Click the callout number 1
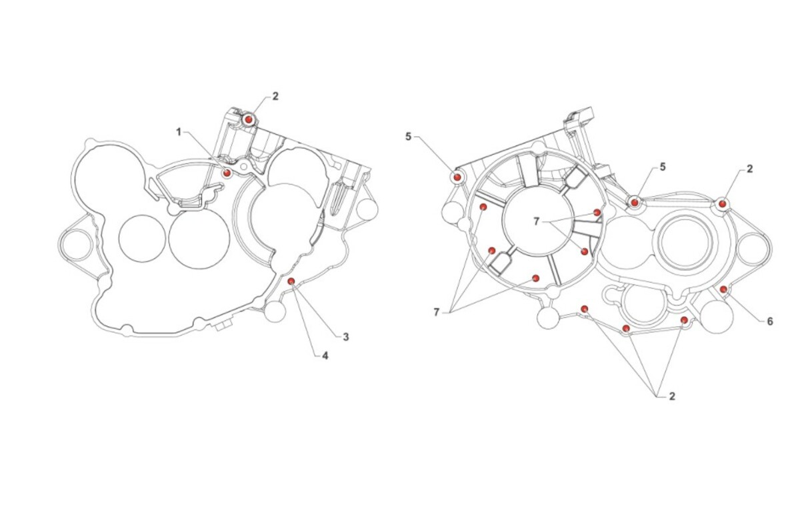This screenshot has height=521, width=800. [179, 132]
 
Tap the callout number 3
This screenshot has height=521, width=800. [346, 337]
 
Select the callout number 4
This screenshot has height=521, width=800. [325, 356]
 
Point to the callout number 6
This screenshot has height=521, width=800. [770, 322]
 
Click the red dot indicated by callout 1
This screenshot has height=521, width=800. [227, 173]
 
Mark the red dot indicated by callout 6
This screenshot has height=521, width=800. [723, 289]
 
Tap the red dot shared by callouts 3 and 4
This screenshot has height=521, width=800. [291, 281]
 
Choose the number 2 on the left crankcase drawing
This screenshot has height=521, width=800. [275, 96]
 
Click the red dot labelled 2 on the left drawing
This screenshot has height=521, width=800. [249, 119]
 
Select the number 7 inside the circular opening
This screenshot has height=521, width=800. [536, 221]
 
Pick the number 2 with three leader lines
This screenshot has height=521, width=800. [672, 396]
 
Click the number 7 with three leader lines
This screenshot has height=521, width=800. [436, 312]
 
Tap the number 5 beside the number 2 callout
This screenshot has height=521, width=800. [663, 167]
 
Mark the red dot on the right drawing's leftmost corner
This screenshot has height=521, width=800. [457, 177]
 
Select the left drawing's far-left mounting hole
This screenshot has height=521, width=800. [76, 245]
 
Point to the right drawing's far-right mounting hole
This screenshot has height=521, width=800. [753, 248]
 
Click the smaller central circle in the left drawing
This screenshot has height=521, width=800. [142, 238]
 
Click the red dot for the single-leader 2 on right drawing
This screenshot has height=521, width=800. [722, 203]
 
